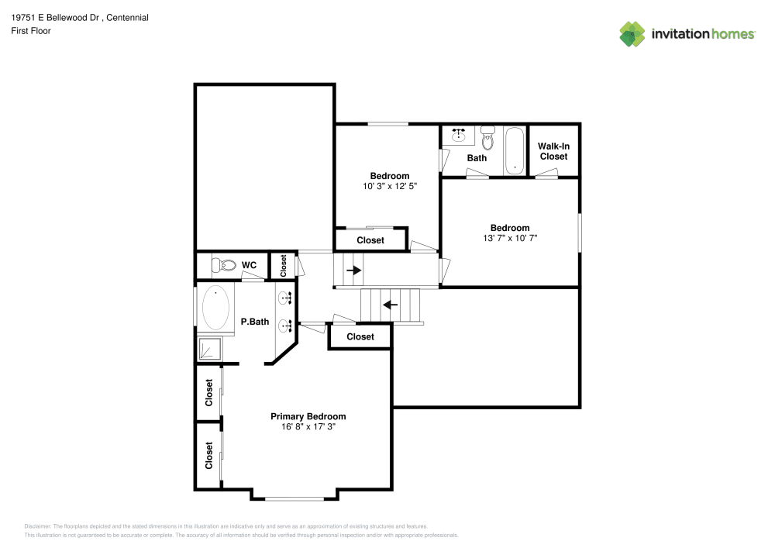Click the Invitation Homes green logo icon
click(x=632, y=34)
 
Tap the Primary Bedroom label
click(x=308, y=416)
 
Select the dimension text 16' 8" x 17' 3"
click(x=308, y=427)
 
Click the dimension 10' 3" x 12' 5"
click(x=390, y=186)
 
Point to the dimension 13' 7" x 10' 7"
click(x=510, y=238)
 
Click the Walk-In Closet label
click(x=553, y=151)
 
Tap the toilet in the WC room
click(x=224, y=265)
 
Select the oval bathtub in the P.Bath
click(x=216, y=308)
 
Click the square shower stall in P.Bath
click(x=210, y=349)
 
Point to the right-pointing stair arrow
click(x=354, y=271)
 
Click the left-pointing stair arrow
click(x=391, y=305)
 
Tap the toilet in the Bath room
click(x=487, y=138)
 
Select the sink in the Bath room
click(x=459, y=134)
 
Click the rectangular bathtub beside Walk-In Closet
click(x=515, y=150)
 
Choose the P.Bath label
click(x=255, y=322)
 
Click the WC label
click(x=249, y=265)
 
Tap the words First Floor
click(x=31, y=31)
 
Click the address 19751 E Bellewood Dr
click(x=55, y=17)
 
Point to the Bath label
click(x=477, y=158)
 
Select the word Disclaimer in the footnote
click(x=37, y=526)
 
